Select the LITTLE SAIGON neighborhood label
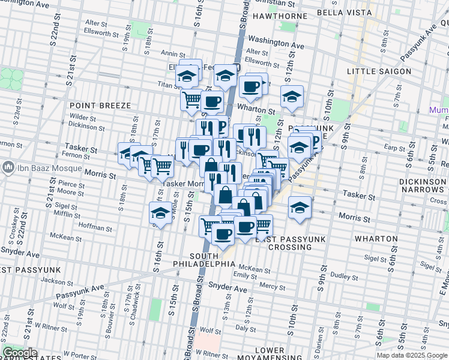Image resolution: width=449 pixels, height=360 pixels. [x=379, y=71]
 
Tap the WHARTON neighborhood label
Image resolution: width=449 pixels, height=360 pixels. [x=376, y=238]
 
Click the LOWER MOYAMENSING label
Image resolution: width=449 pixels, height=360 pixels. [x=269, y=354]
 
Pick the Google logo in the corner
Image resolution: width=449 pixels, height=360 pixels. [x=20, y=353]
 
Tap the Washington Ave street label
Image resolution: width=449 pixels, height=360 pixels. [x=276, y=44]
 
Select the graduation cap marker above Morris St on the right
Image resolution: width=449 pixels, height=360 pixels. [x=300, y=207]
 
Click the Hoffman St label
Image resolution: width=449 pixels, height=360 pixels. [x=92, y=227]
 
